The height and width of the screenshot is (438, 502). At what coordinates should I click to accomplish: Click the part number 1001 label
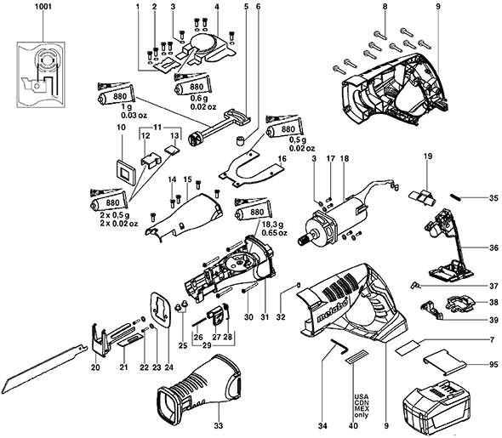point(43,7)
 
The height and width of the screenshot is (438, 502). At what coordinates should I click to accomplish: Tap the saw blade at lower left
point(45,367)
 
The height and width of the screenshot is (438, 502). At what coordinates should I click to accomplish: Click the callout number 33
point(219,426)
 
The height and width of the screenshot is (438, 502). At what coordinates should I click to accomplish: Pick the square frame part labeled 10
point(126,172)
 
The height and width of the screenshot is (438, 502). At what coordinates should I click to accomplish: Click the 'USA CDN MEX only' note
point(362,406)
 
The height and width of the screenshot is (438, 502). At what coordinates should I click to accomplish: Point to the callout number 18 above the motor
point(345,158)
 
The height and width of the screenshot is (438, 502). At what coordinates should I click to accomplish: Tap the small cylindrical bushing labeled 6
point(241,140)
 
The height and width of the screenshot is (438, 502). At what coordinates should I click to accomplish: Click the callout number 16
point(282,158)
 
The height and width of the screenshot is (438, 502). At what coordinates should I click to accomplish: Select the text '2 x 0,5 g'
point(115,215)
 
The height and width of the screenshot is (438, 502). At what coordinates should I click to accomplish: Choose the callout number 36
point(494,247)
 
